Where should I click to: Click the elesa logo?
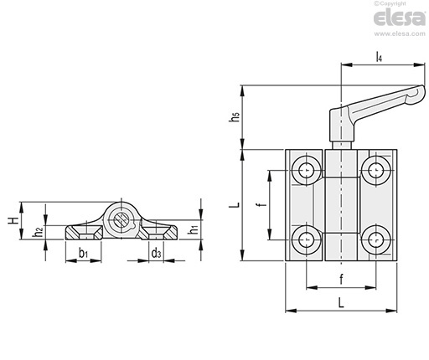(400, 18)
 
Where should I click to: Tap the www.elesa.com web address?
(400, 33)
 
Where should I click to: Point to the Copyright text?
(390, 3)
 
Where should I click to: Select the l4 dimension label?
(379, 57)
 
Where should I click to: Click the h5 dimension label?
(235, 116)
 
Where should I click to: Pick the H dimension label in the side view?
(13, 220)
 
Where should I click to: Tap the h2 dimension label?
(38, 231)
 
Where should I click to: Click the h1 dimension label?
(193, 229)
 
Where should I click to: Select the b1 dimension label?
(83, 253)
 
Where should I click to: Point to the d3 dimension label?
(156, 253)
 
